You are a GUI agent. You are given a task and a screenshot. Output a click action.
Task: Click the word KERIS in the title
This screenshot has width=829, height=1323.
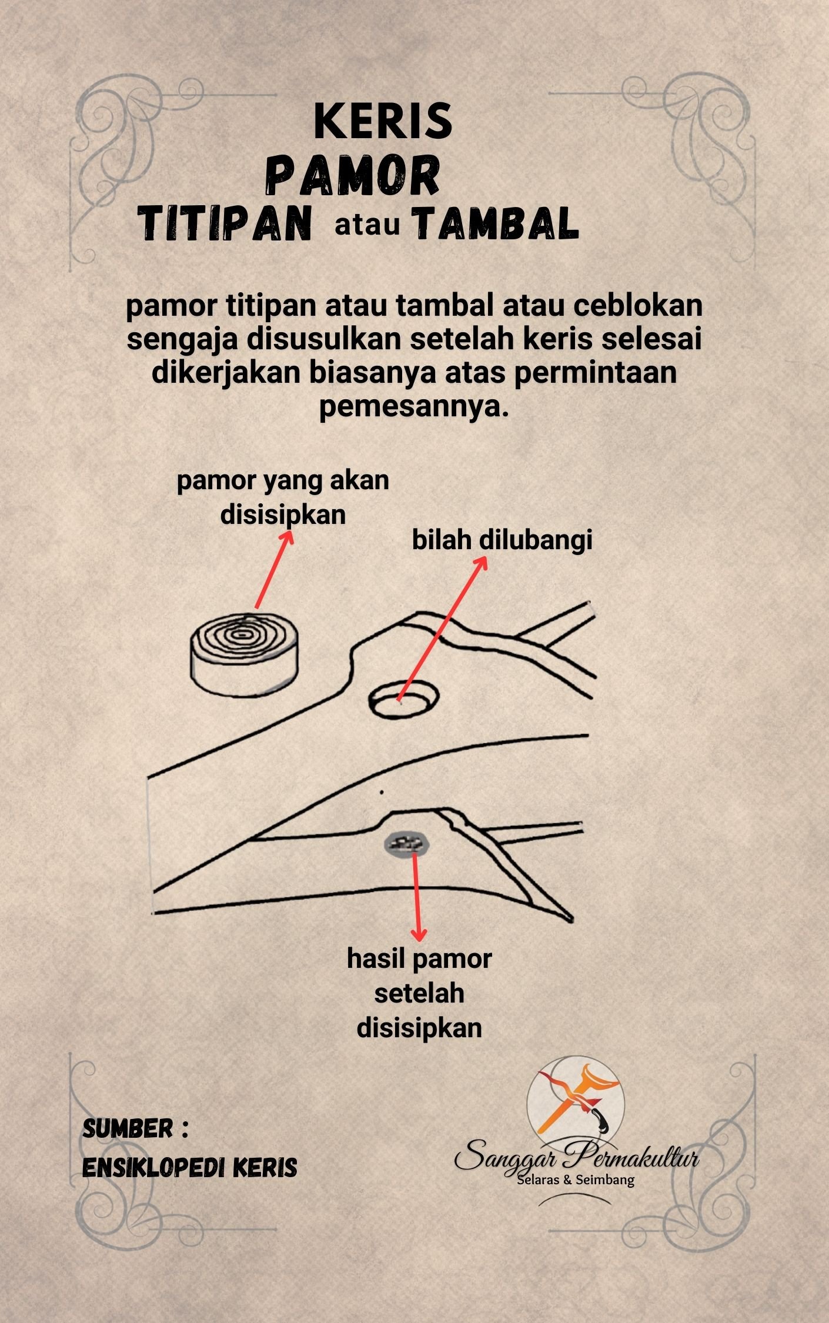pos(383,122)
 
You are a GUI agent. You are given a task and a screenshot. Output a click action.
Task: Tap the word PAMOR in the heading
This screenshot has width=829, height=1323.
pos(354,176)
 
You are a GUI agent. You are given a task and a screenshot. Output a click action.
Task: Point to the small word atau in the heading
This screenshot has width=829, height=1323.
pos(367,225)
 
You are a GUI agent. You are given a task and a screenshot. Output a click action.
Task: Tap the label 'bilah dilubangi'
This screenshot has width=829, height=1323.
pos(502,540)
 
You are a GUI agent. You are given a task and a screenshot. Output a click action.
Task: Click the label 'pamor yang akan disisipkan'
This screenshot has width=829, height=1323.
pos(283,497)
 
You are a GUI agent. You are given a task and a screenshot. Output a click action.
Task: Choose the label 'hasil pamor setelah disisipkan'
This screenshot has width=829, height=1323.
pos(419,993)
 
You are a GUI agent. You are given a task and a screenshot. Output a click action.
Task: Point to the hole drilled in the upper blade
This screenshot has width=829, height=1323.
pos(404,699)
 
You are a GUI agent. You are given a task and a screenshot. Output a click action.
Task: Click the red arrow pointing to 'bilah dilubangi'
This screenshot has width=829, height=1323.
pos(442,628)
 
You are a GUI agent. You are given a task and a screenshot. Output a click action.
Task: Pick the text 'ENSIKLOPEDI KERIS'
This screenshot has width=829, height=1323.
pos(189,1168)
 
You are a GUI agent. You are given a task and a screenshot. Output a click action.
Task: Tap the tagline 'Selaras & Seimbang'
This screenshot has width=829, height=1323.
pos(575,1180)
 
